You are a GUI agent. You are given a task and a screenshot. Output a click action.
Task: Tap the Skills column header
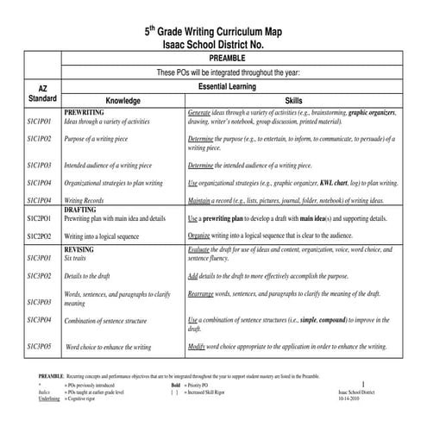tap(293, 100)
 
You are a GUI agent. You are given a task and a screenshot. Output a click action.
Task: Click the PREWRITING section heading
tap(85, 113)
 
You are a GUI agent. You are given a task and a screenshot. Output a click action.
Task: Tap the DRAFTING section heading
tap(81, 210)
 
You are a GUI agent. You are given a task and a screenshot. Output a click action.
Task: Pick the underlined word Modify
tap(198, 346)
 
